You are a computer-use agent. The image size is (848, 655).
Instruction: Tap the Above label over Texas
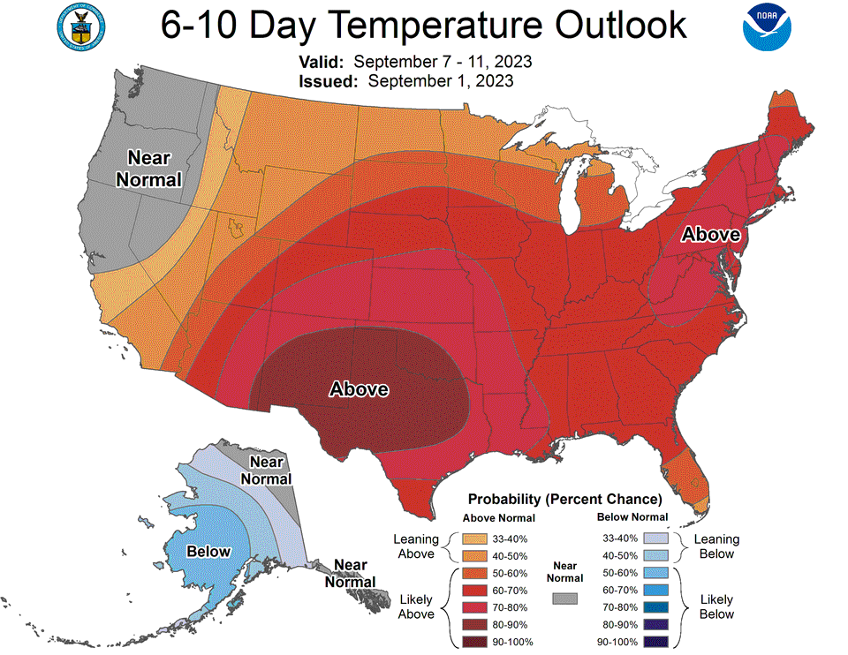point(359,388)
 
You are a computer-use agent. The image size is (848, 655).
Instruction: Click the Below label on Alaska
point(208,552)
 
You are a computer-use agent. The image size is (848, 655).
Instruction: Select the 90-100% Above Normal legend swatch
point(475,641)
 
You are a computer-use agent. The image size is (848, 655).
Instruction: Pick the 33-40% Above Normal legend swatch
point(475,538)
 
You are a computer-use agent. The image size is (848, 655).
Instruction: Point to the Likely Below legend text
point(716,606)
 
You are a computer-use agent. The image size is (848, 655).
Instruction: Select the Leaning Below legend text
point(716,546)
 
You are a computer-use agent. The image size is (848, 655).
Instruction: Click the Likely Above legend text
point(416,606)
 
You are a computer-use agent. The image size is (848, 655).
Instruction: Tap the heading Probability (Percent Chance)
point(564,499)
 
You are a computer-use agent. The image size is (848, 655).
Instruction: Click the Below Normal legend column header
point(632,517)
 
